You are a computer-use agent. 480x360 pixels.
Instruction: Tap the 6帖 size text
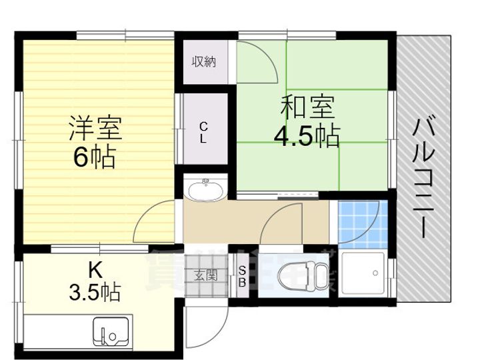(95, 158)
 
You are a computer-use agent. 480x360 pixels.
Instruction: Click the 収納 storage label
(204, 63)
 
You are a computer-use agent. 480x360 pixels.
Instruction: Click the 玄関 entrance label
(205, 274)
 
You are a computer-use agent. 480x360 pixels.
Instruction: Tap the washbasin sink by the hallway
(205, 190)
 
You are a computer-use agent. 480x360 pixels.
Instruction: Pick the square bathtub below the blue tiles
(363, 273)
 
